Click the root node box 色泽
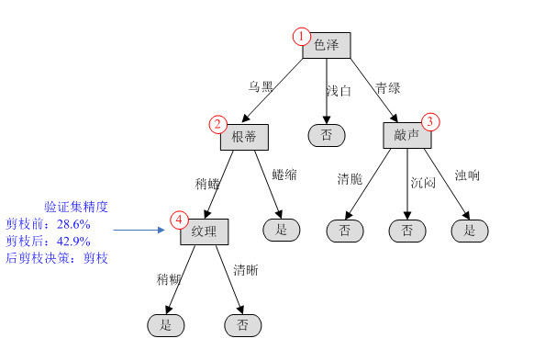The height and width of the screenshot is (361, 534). click(x=327, y=45)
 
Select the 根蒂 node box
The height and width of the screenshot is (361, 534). click(x=244, y=136)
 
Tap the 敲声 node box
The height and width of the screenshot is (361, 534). click(x=407, y=135)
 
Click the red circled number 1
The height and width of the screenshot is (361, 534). click(x=302, y=36)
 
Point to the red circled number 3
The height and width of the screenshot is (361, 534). click(x=430, y=122)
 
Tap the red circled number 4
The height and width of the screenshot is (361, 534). click(x=180, y=220)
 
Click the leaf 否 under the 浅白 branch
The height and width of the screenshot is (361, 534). click(x=326, y=136)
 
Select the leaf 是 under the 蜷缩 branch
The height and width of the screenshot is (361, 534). click(x=282, y=230)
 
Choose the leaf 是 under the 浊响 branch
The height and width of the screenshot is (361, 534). click(x=470, y=231)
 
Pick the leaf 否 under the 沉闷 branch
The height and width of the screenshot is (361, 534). click(x=407, y=231)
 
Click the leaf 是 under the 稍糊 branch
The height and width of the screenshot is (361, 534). click(x=166, y=324)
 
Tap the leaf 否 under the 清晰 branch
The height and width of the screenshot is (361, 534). click(x=243, y=324)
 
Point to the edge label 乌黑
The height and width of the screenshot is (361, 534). click(x=261, y=87)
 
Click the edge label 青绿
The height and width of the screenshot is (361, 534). click(x=387, y=89)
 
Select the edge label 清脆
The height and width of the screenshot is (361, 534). click(x=350, y=178)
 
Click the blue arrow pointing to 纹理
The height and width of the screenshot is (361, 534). click(x=147, y=231)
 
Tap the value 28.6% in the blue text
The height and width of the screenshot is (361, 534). click(x=72, y=224)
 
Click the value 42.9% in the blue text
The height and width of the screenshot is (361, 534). click(x=72, y=242)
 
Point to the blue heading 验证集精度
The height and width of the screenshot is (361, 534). click(x=76, y=207)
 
